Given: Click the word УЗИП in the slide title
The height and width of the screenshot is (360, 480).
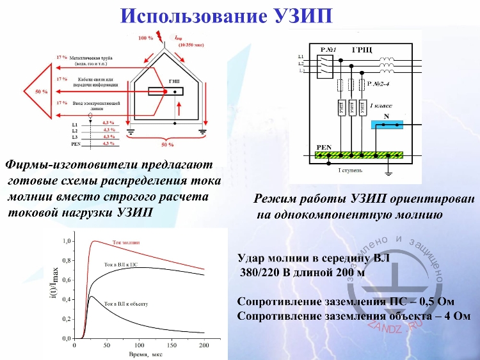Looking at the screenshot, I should click(x=300, y=15).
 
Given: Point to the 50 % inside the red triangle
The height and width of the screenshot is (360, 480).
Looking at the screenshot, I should click(x=41, y=92).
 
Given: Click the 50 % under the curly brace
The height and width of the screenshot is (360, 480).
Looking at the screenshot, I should click(x=167, y=145).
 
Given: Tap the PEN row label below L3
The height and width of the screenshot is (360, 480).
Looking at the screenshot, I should click(x=75, y=144).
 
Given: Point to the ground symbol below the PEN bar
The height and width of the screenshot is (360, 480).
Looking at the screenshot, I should click(x=388, y=171).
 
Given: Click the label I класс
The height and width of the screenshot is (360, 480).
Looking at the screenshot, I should click(x=381, y=104).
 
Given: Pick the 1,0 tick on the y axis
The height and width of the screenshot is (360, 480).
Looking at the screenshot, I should click(x=66, y=242).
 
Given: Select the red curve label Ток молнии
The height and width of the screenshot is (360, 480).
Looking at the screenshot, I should click(x=125, y=243).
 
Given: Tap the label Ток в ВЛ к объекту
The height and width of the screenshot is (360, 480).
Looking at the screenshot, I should click(x=125, y=304).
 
